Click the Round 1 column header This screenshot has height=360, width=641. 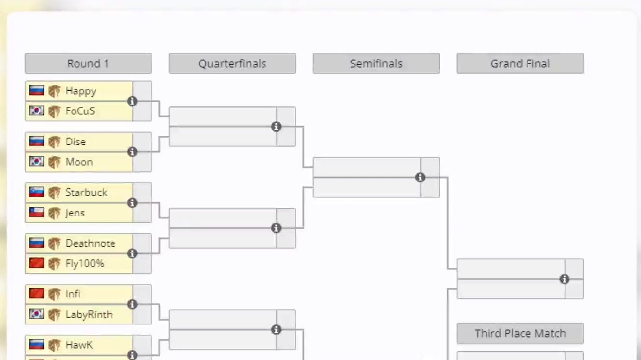88,64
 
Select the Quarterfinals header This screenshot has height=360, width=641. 232,64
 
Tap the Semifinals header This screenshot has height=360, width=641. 376,64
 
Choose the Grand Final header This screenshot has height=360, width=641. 520,64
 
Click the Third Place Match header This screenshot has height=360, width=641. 520,334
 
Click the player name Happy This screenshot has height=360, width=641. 80,91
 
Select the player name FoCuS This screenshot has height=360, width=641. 80,111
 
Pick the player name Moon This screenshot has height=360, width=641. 79,162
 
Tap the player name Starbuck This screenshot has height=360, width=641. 86,193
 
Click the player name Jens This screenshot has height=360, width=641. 75,213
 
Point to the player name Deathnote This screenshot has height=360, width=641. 90,244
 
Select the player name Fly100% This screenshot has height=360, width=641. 84,264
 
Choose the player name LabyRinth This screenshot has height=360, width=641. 89,315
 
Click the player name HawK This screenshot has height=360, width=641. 79,345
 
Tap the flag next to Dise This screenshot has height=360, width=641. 37,142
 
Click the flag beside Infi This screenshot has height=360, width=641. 37,294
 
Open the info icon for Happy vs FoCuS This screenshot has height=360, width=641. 132,101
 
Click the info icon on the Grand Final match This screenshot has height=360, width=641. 565,279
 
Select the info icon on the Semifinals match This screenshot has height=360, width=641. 420,178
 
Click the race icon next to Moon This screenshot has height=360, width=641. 54,162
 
